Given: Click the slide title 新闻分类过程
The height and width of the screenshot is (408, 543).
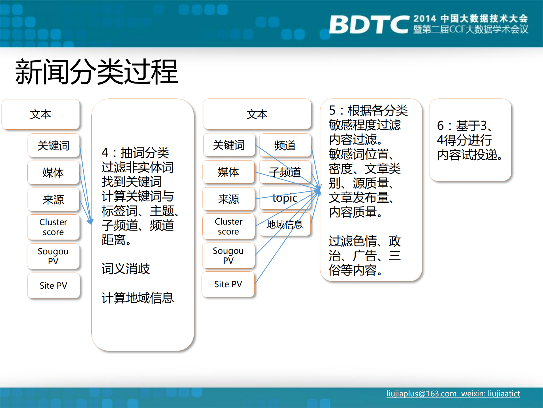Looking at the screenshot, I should (96, 72).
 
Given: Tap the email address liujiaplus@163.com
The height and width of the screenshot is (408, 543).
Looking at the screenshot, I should (421, 394).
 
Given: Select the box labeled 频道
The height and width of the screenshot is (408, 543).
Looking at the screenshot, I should (285, 145).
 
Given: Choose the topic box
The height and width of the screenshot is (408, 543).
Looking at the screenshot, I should (285, 198).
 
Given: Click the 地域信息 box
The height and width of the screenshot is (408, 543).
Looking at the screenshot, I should (285, 225).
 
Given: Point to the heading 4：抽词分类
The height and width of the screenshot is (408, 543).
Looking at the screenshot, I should (135, 153).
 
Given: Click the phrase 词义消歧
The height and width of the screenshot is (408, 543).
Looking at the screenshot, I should (126, 269).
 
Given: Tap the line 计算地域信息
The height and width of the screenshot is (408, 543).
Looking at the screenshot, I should (138, 298).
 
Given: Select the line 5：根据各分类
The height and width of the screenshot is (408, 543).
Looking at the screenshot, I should (368, 111).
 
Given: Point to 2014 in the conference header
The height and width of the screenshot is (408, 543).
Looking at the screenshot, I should (424, 19).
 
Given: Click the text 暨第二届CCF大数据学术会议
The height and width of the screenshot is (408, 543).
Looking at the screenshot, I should (471, 29).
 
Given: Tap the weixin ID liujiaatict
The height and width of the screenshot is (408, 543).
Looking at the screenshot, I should (504, 394).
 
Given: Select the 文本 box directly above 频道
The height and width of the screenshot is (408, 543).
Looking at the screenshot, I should (257, 114).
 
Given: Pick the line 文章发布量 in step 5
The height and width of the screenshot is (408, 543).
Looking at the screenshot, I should (361, 198).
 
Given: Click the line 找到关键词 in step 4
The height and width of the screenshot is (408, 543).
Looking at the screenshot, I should (132, 181).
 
